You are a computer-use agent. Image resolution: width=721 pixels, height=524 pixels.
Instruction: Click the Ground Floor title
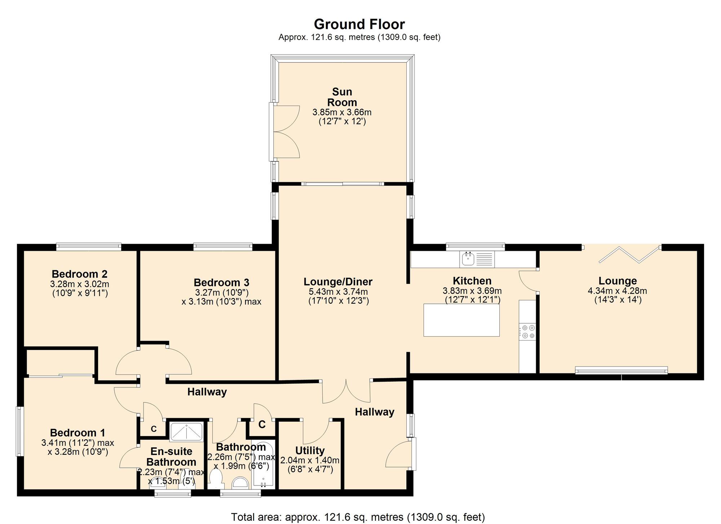359,24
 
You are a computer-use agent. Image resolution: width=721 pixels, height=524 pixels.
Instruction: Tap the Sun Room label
342,97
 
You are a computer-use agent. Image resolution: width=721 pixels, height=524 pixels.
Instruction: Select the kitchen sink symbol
477,259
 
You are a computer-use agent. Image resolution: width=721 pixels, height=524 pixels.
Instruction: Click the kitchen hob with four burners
527,332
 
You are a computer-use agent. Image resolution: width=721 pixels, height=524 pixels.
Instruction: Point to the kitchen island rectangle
461,320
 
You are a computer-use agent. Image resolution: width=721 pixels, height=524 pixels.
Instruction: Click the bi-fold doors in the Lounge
630,254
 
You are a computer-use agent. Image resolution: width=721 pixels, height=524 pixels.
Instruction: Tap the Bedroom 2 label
80,274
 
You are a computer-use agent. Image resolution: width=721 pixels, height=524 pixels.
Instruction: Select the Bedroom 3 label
221,282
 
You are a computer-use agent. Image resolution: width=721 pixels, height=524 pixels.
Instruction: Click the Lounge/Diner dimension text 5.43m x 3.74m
338,292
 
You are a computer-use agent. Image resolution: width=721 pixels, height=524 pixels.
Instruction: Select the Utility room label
310,450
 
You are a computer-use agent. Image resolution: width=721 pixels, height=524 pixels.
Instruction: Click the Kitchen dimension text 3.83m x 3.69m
472,291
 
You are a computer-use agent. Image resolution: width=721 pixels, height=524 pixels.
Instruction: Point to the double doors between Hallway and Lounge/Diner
346,392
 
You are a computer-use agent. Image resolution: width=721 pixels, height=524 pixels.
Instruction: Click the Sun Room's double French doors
285,132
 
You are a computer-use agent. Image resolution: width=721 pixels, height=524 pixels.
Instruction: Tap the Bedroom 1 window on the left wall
19,431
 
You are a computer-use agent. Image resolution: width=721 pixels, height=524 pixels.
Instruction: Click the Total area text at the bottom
358,517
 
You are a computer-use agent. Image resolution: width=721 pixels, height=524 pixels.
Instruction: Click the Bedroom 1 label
78,432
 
